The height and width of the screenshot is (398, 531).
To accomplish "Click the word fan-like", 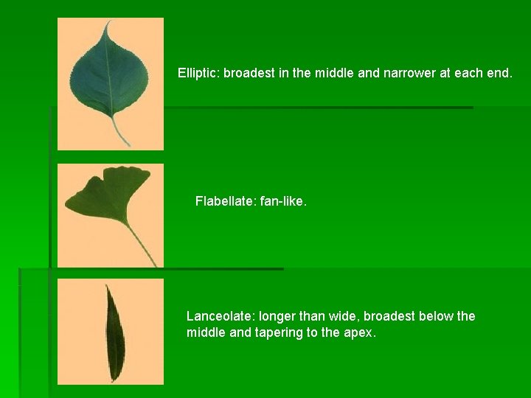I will pos(283,200).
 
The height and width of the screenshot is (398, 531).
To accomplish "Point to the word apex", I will pos(359,332).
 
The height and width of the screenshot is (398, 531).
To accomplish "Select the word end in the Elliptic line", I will pos(499,74).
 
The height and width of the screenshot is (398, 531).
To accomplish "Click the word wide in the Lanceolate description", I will pos(339,316).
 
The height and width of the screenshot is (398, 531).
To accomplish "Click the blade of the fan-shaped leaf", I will pos(108,195).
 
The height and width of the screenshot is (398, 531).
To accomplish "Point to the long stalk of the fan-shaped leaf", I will pos(141,242).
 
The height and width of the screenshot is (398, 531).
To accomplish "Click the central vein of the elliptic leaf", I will pos(110,74).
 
